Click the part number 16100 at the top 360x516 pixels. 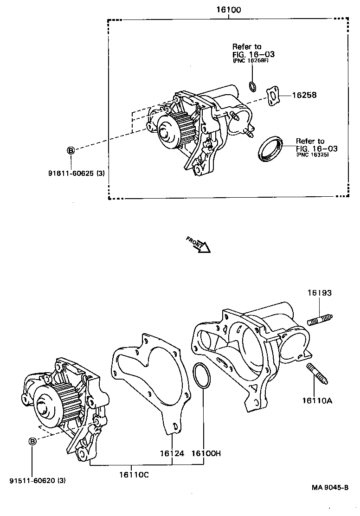pos(228,10)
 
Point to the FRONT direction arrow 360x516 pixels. pos(198,244)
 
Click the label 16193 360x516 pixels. pos(319,293)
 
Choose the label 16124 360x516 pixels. pos(172,453)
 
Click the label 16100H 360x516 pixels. pos(206,453)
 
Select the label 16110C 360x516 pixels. pos(134,474)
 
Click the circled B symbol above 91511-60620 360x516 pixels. pos(32,441)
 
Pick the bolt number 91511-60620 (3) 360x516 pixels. pos(37,481)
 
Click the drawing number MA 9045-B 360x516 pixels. pos(330,487)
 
